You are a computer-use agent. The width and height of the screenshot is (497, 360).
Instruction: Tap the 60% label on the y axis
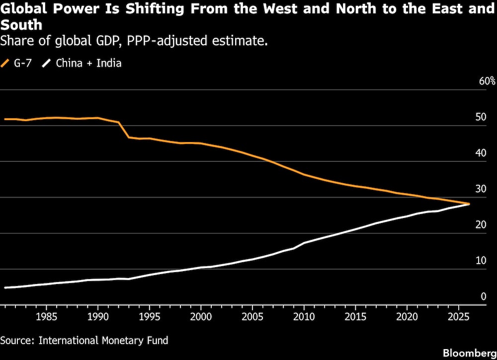coord(487,81)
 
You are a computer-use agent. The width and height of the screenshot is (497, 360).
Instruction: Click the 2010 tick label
coord(304,316)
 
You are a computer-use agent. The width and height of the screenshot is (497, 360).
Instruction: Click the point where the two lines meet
coord(468,204)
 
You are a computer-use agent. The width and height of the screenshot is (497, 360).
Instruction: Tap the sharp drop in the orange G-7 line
coord(124,130)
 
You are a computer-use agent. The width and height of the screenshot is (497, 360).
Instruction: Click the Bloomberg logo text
coord(470,353)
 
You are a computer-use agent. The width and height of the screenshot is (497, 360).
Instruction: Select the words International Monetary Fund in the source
coord(103,341)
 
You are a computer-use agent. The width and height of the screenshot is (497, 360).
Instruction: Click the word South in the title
coord(21,24)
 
